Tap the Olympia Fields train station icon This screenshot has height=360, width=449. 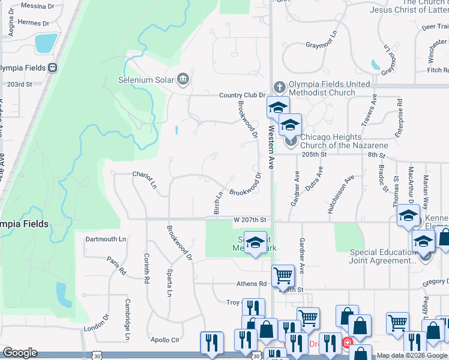pos(53,68)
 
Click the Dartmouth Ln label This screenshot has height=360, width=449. pos(106,239)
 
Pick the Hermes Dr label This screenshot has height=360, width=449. pos(34,23)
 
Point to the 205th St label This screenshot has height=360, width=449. pos(313,154)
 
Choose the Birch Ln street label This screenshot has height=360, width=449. pos(218,202)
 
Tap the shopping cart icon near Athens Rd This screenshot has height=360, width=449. pos(283,276)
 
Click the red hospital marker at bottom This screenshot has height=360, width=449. pos(346,344)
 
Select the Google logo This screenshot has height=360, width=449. pos(20,353)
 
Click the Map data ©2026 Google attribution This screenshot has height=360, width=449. pos(412,355)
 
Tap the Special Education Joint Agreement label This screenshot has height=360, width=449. pos(384,256)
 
